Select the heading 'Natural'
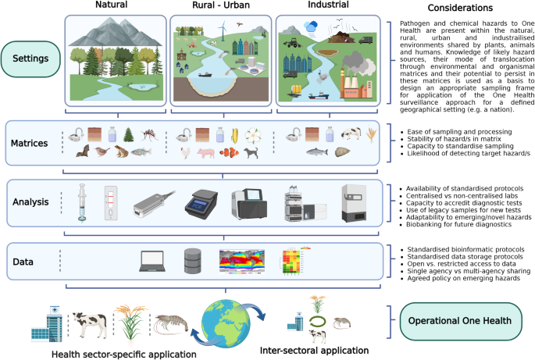coord(111,6)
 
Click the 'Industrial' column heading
coord(329,6)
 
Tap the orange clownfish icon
coord(248,153)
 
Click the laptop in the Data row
coord(152,259)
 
